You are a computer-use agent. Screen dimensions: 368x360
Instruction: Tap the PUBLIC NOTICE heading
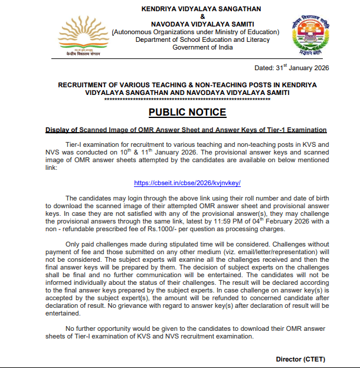[x=187, y=113]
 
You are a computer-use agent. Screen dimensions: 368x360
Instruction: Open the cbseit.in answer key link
[x=187, y=183]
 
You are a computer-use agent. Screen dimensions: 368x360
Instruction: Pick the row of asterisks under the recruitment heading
[x=187, y=100]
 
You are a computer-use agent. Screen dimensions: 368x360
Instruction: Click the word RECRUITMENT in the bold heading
[x=84, y=86]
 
